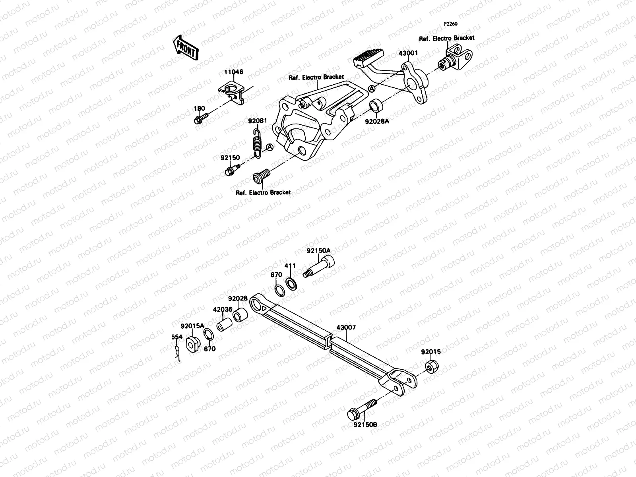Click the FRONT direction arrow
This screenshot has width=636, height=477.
pos(185,47)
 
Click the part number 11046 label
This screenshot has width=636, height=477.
pos(233,72)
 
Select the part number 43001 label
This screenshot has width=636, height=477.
pos(408,53)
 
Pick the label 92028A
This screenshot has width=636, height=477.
pos(377,122)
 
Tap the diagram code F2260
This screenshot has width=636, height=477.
pos(451,24)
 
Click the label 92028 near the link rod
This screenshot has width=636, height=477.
pos(238,298)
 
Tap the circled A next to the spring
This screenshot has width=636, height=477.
pos(269,147)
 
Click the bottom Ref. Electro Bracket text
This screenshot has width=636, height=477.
pos(263,192)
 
